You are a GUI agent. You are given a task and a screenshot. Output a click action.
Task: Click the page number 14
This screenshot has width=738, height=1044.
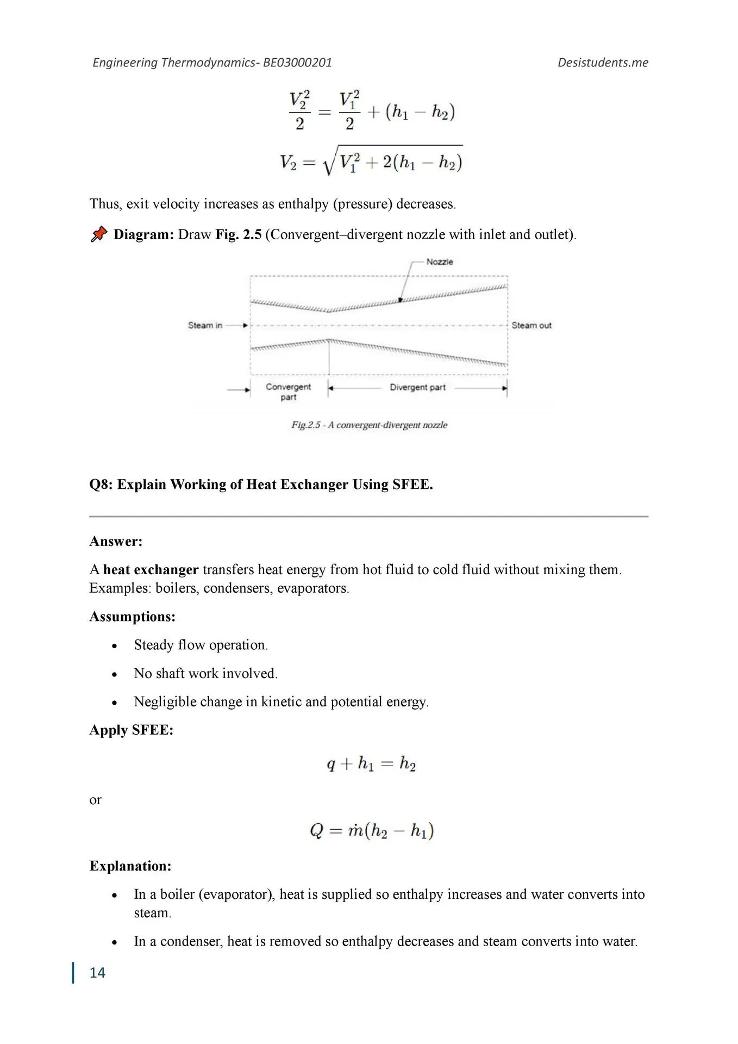click(x=97, y=973)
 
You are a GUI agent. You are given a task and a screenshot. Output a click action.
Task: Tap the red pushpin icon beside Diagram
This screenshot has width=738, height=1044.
click(x=99, y=234)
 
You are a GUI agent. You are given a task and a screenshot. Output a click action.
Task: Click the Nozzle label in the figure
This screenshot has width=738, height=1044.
click(x=439, y=262)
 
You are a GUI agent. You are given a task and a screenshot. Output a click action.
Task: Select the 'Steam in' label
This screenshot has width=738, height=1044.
click(x=205, y=325)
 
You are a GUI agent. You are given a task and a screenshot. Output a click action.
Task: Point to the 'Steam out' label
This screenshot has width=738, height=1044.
click(x=531, y=325)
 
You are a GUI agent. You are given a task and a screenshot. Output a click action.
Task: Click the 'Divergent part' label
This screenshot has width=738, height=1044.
click(x=417, y=387)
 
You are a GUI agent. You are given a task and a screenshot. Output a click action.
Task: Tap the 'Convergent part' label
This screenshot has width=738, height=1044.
click(x=288, y=391)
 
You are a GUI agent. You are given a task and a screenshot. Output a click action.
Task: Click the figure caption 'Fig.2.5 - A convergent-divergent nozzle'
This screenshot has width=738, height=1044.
click(x=369, y=425)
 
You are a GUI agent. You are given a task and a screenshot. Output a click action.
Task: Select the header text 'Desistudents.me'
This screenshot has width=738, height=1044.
click(x=603, y=63)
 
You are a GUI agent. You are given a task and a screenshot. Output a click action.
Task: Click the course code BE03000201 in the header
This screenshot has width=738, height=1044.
click(x=297, y=63)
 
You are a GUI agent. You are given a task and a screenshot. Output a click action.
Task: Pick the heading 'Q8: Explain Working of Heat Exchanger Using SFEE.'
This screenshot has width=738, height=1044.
click(x=261, y=484)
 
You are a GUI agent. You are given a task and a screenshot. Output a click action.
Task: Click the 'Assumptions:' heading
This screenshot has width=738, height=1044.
click(x=132, y=617)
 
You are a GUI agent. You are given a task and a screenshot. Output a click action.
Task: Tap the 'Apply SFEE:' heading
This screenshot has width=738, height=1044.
click(x=131, y=730)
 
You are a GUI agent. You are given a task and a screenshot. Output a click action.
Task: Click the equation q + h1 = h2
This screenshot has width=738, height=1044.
click(x=371, y=763)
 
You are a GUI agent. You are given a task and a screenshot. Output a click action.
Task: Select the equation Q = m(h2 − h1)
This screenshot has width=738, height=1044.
click(x=371, y=831)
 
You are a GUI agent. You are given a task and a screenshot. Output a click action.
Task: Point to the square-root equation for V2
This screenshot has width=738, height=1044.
click(x=371, y=161)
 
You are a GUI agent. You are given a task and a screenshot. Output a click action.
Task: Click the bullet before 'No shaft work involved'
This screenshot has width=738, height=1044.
click(x=114, y=674)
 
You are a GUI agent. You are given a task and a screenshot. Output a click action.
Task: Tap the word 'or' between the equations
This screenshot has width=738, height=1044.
click(x=95, y=800)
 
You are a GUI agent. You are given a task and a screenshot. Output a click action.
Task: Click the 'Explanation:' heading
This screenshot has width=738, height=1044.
click(x=130, y=866)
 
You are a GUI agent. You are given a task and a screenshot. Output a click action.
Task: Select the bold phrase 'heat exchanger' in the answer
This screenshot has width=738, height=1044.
click(x=151, y=569)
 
